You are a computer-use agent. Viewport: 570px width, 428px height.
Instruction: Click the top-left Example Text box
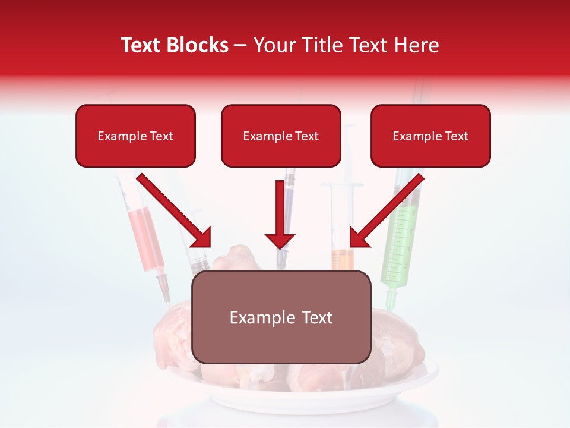pyautogui.click(x=135, y=136)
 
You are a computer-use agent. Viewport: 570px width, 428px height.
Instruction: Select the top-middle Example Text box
pyautogui.click(x=281, y=136)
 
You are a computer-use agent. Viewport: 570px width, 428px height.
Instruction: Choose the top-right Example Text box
pyautogui.click(x=430, y=136)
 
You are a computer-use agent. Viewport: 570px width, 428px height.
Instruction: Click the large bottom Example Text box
pyautogui.click(x=281, y=317)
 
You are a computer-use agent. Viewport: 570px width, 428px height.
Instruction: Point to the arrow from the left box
pyautogui.click(x=176, y=212)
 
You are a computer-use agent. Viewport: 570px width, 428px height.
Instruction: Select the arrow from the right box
pyautogui.click(x=386, y=212)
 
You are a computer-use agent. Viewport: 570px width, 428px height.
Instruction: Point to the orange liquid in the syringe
pyautogui.click(x=343, y=260)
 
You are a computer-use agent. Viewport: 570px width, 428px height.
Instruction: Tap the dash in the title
pyautogui.click(x=240, y=45)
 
